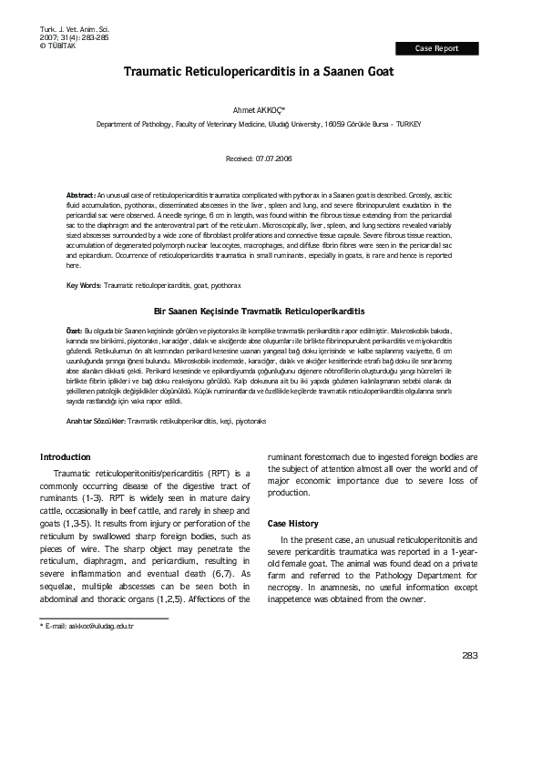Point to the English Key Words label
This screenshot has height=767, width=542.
[85, 286]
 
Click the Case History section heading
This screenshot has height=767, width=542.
[292, 524]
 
